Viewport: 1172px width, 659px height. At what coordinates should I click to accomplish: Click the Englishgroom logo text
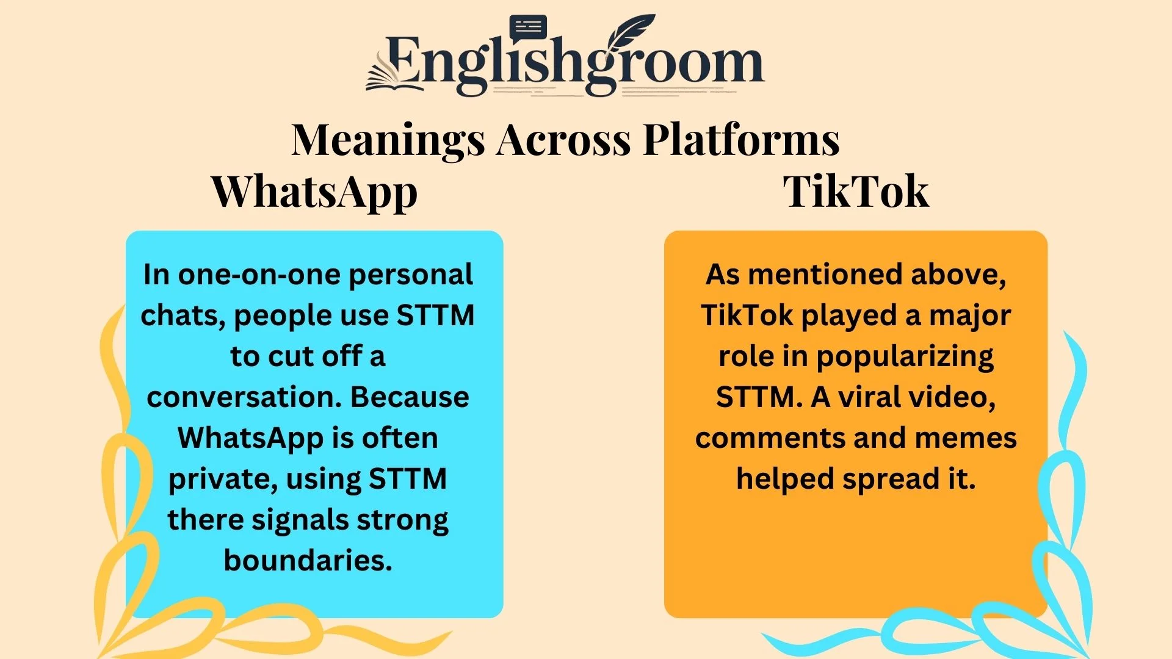click(574, 64)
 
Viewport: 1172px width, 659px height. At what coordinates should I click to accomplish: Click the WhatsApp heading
click(314, 192)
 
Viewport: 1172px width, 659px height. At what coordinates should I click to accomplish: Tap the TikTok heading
click(856, 192)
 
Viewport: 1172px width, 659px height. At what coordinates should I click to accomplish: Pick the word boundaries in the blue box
click(308, 560)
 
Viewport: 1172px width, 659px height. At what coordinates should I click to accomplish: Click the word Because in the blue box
click(410, 397)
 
